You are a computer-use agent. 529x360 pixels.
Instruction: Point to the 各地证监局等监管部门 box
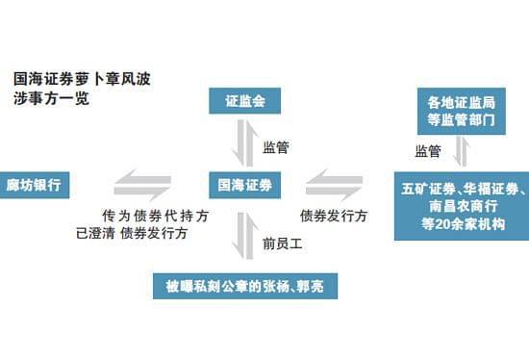click(x=461, y=109)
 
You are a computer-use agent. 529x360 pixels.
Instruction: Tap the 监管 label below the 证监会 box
click(x=276, y=147)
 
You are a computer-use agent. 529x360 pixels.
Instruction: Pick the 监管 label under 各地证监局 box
click(x=428, y=151)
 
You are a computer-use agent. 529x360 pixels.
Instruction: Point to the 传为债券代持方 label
click(x=142, y=216)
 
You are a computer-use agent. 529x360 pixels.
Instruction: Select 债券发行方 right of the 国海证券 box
click(x=334, y=216)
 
